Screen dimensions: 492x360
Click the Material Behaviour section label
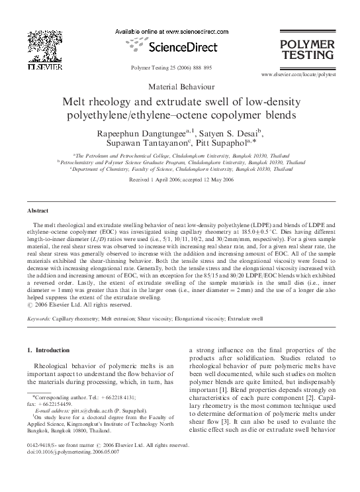(x=180, y=87)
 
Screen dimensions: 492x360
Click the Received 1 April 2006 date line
(x=180, y=180)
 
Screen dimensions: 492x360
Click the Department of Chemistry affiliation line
(x=179, y=169)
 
